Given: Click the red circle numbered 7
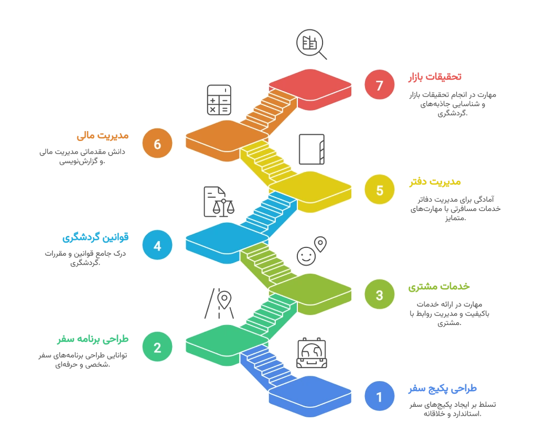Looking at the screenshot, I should point(380,84).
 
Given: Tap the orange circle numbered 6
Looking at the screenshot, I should point(157,143).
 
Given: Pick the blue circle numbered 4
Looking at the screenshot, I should point(157,245).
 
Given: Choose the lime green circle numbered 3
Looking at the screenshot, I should point(380,295).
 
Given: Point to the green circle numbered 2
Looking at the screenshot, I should point(157,347).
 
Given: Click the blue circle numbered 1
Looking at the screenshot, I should point(380,397).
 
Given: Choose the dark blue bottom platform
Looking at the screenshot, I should point(309,392).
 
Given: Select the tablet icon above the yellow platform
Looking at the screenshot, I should point(312,148).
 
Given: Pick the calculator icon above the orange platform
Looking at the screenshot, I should point(219,100).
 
